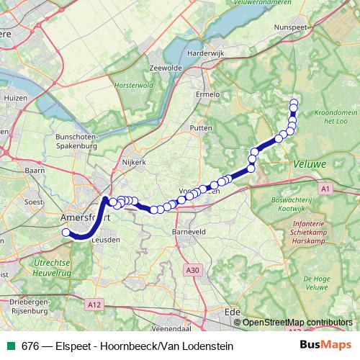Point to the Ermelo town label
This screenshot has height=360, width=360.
tap(208, 94)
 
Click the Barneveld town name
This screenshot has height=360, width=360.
tap(189, 233)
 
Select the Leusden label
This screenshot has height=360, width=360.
tap(107, 240)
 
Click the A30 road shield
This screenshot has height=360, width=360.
tap(191, 270)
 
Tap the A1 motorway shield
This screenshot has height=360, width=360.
tap(325, 188)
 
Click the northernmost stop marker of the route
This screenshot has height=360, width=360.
tap(293, 102)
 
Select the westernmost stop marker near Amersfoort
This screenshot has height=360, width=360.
tap(66, 232)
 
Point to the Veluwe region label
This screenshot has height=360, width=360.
tap(310, 165)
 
